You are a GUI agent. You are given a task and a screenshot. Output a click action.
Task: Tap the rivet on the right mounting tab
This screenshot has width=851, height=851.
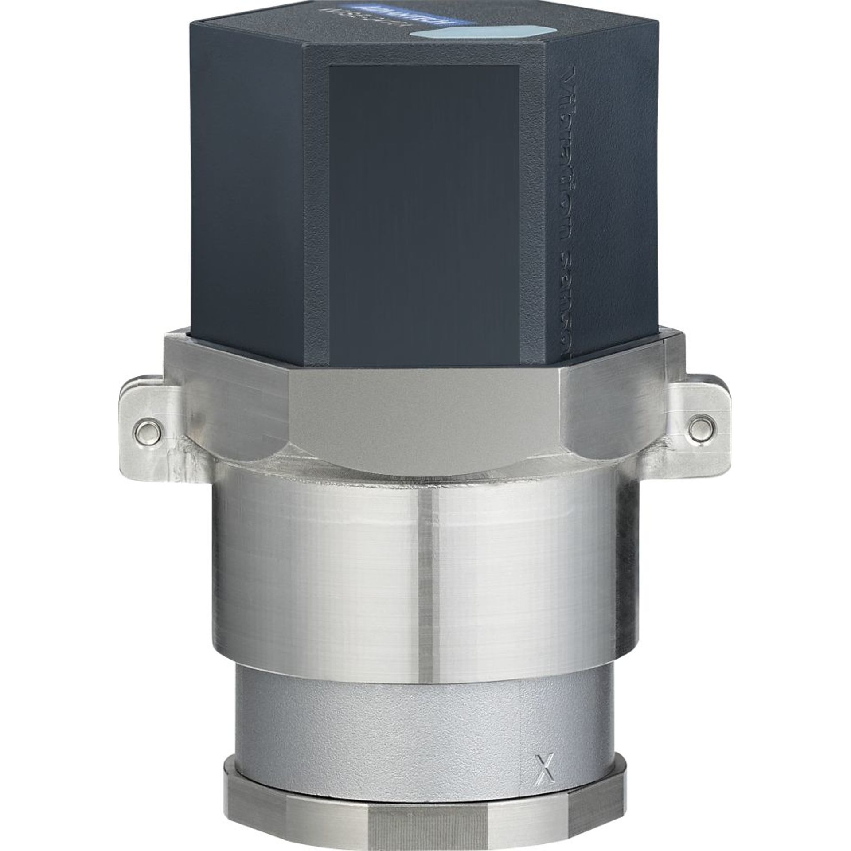click(701, 426)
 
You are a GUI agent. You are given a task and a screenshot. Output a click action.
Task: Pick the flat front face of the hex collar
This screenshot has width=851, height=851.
click(423, 417)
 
